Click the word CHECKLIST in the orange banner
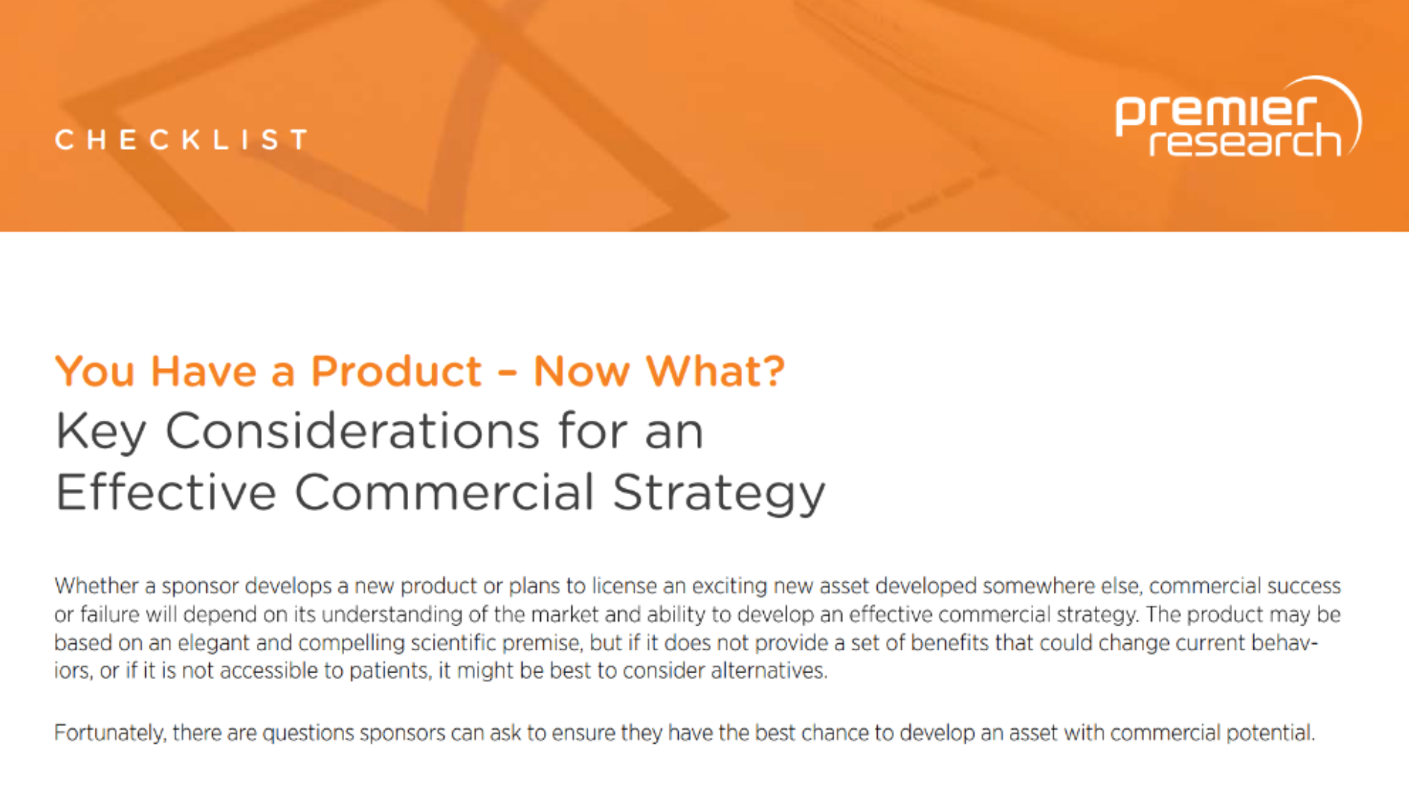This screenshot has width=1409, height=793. tap(181, 140)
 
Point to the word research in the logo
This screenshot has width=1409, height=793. tap(1245, 140)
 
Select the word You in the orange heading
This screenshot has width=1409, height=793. tap(95, 371)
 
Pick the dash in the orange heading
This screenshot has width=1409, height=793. tap(507, 372)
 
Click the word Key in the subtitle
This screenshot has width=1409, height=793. tap(101, 432)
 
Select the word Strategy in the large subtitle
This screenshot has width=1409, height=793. tap(719, 494)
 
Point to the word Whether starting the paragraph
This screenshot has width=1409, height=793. tap(96, 586)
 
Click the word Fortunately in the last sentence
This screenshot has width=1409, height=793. tap(110, 734)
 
